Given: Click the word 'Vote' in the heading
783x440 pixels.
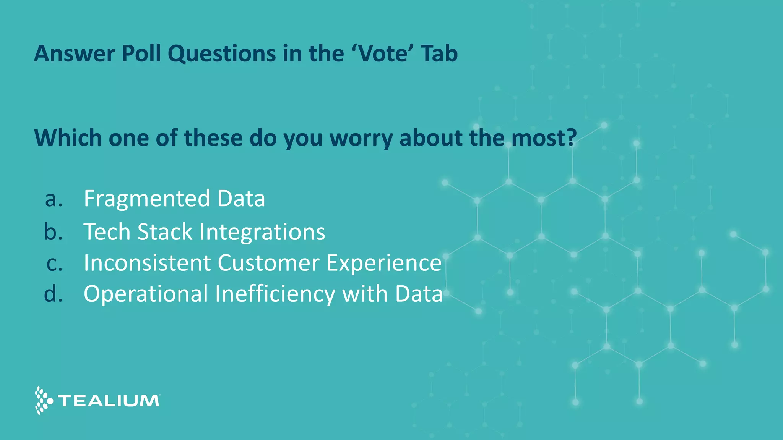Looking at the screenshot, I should point(383,53).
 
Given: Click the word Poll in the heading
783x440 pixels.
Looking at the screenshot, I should point(141,53).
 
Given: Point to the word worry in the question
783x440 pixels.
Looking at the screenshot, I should point(363,138).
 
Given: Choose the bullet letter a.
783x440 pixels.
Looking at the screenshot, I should point(54,199).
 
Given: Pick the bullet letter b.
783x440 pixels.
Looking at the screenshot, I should point(53,232).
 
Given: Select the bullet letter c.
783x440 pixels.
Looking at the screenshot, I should point(54,264).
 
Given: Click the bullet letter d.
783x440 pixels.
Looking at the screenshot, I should point(53,294).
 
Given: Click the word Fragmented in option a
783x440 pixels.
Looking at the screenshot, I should point(147,199).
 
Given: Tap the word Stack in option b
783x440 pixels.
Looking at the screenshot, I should point(165,232).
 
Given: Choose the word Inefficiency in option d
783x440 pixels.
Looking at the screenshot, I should point(275,294).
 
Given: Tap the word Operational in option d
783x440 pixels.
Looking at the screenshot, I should point(146,294).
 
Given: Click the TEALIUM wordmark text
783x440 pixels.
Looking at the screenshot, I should point(109,401).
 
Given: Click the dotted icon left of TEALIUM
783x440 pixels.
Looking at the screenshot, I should point(43,400).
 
